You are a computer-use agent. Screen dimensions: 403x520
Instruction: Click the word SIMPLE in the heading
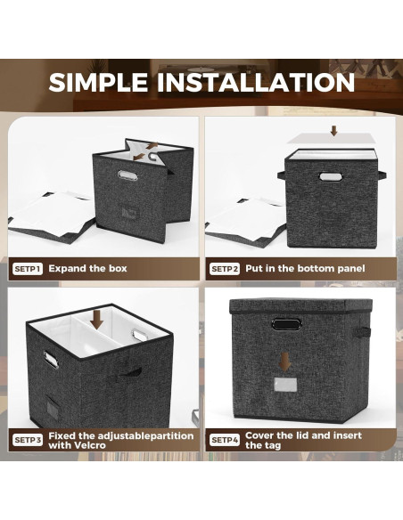click(x=98, y=82)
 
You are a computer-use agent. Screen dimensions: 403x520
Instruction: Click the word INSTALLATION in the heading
click(x=256, y=82)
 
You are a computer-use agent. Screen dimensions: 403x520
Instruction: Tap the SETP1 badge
click(x=28, y=269)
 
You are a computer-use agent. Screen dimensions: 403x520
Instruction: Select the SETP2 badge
click(x=225, y=269)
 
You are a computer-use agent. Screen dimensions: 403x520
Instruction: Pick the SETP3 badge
click(x=28, y=440)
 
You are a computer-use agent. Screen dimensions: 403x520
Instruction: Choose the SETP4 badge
click(x=225, y=440)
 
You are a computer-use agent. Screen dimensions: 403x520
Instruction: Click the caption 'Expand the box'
click(x=87, y=268)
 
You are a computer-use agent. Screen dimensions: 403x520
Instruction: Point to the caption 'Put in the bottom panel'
click(x=305, y=268)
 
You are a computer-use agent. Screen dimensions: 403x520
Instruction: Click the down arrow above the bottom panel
click(x=334, y=131)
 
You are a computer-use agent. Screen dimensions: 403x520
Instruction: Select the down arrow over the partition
click(x=97, y=320)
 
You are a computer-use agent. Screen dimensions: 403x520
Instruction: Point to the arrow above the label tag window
click(x=284, y=362)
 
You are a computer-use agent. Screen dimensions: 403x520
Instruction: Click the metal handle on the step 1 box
click(x=127, y=175)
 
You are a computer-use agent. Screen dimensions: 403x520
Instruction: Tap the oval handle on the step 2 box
click(x=329, y=176)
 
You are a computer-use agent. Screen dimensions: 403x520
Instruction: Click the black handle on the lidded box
click(x=287, y=324)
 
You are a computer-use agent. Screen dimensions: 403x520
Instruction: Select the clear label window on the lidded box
click(x=285, y=385)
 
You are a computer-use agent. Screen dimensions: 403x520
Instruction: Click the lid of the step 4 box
click(x=300, y=306)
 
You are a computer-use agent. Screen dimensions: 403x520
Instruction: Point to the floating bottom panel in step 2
click(x=332, y=139)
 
